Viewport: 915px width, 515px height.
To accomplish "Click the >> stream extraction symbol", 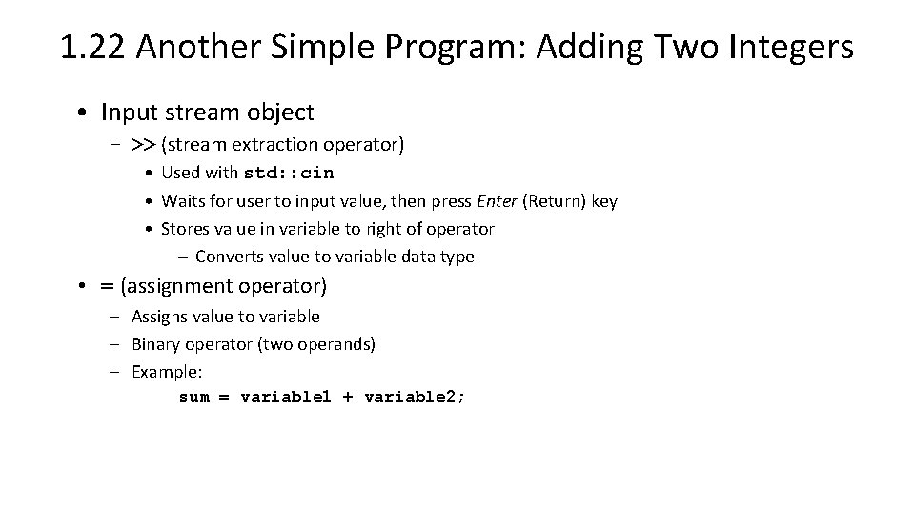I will [x=143, y=144].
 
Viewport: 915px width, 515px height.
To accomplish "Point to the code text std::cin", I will [x=289, y=174].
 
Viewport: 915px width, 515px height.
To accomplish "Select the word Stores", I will [x=184, y=229].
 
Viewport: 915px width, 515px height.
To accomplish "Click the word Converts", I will [x=229, y=257].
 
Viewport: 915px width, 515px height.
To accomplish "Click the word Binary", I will [x=154, y=344].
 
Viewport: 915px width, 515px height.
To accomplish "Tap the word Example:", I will [x=167, y=372].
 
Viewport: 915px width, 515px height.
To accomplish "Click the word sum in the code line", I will [x=194, y=397].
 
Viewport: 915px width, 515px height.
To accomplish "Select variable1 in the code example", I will [x=286, y=397].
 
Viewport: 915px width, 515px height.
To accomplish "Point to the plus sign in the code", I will [x=347, y=397].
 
